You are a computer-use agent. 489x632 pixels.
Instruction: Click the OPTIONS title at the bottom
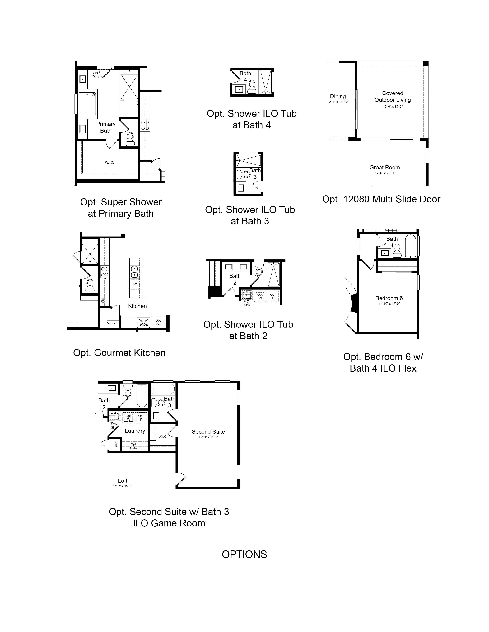(x=244, y=554)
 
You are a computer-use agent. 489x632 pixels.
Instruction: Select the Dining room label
(x=338, y=96)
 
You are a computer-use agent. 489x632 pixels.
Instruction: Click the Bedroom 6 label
(x=389, y=298)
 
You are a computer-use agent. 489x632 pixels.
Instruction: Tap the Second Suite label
(x=208, y=431)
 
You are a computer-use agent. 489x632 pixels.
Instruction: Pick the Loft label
(x=123, y=480)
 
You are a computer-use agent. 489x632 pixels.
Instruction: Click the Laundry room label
(x=135, y=431)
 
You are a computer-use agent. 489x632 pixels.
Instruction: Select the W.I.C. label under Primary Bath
(x=109, y=162)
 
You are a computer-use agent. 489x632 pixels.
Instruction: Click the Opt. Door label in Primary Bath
(x=96, y=75)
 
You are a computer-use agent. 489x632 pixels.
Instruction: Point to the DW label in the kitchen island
(x=134, y=284)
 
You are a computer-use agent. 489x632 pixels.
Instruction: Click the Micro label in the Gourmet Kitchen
(x=103, y=299)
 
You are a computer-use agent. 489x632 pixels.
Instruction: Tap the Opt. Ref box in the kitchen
(x=158, y=322)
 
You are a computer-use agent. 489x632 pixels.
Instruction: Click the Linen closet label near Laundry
(x=116, y=445)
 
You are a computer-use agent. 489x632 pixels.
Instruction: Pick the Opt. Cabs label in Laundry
(x=133, y=446)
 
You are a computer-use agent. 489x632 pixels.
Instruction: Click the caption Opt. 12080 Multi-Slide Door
(x=381, y=199)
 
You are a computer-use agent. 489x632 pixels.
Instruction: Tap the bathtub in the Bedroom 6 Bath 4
(x=410, y=246)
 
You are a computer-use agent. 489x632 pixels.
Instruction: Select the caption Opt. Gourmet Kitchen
(x=119, y=353)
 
